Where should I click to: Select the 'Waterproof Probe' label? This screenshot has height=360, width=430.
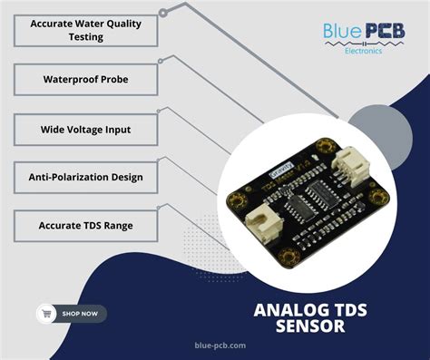pyautogui.click(x=86, y=80)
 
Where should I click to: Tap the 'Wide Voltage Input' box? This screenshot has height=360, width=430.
pyautogui.click(x=86, y=130)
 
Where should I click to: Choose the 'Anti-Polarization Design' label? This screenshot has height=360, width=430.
pyautogui.click(x=86, y=176)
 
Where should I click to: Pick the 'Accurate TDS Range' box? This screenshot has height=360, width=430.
pyautogui.click(x=86, y=224)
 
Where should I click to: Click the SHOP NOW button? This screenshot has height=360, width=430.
pyautogui.click(x=72, y=314)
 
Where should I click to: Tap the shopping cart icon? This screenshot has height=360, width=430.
pyautogui.click(x=46, y=314)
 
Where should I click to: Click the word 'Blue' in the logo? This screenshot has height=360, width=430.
pyautogui.click(x=342, y=33)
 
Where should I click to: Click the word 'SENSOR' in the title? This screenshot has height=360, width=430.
pyautogui.click(x=310, y=326)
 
